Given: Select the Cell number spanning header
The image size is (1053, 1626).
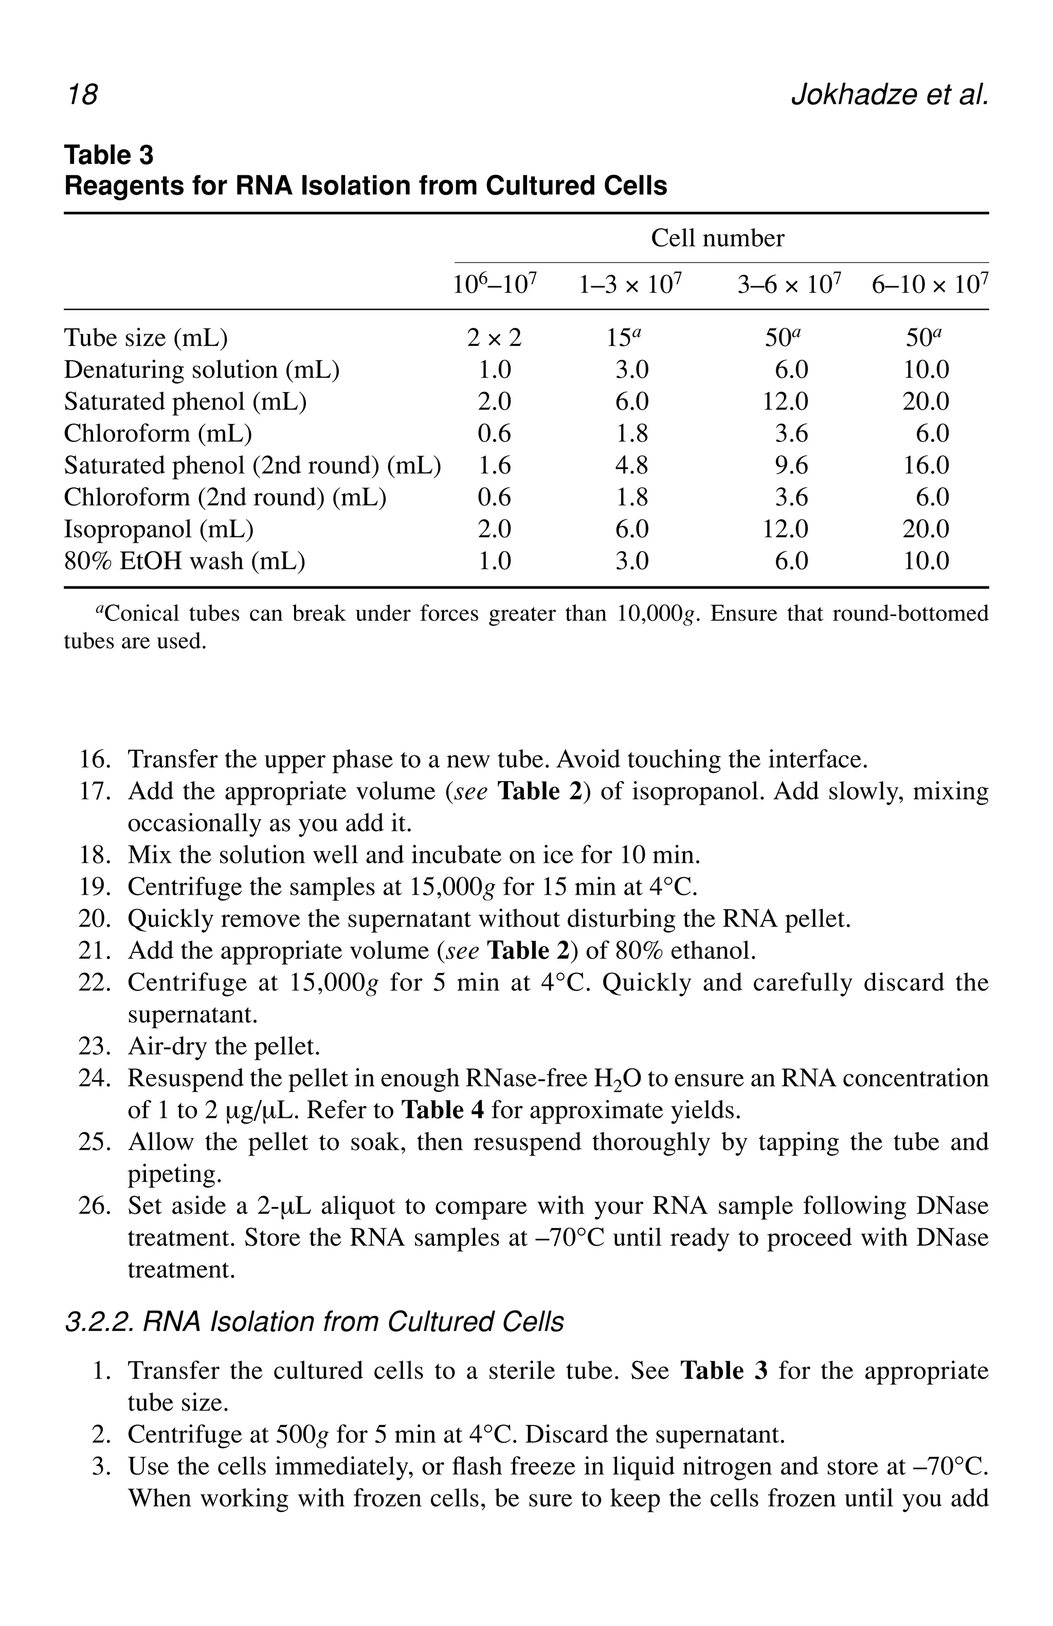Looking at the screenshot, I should pyautogui.click(x=717, y=238).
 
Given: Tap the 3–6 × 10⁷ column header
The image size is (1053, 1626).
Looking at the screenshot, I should pyautogui.click(x=789, y=284).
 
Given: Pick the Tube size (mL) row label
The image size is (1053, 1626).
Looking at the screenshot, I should pyautogui.click(x=146, y=338).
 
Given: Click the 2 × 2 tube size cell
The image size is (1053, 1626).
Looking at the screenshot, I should pyautogui.click(x=494, y=338).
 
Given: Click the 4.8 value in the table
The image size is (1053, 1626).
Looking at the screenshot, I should pyautogui.click(x=631, y=465).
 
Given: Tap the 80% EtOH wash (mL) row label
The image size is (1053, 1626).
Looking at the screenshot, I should pyautogui.click(x=185, y=561).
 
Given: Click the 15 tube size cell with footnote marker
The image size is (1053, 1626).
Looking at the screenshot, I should pyautogui.click(x=625, y=338).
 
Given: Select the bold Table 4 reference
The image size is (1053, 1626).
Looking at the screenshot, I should pyautogui.click(x=443, y=1110).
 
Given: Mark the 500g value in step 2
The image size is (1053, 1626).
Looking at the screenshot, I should pyautogui.click(x=301, y=1435).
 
